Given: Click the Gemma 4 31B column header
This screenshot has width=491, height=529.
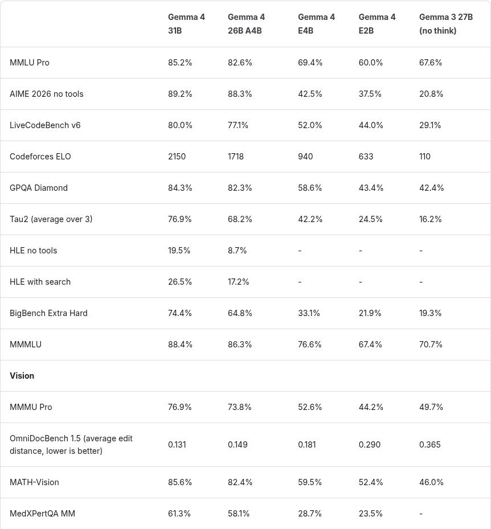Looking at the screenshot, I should pyautogui.click(x=186, y=24).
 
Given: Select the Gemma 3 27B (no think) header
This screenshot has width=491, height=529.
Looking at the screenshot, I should pyautogui.click(x=445, y=24).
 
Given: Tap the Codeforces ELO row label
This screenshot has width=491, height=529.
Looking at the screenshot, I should pyautogui.click(x=40, y=157).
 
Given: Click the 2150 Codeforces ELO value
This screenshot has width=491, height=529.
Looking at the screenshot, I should pyautogui.click(x=177, y=157).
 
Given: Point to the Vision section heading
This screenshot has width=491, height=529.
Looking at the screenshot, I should pyautogui.click(x=22, y=376).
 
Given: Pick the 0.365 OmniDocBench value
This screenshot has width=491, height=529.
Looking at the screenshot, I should pyautogui.click(x=429, y=445).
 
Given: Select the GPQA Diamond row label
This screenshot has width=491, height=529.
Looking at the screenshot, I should pyautogui.click(x=39, y=188).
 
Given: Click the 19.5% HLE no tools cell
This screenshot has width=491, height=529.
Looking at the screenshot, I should pyautogui.click(x=179, y=251).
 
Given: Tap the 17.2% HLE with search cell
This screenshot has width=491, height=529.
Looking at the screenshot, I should pyautogui.click(x=238, y=282).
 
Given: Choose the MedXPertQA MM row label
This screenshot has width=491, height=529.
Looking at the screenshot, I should pyautogui.click(x=42, y=514).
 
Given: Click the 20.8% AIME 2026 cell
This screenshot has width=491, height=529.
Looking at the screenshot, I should pyautogui.click(x=431, y=94).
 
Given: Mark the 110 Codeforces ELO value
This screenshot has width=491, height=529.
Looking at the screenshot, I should pyautogui.click(x=425, y=157).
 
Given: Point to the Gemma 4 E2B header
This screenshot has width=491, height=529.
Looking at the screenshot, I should pyautogui.click(x=377, y=24).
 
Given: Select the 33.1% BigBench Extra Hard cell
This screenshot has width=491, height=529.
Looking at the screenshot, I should pyautogui.click(x=309, y=313).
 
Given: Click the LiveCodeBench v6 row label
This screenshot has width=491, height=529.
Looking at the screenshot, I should pyautogui.click(x=45, y=125).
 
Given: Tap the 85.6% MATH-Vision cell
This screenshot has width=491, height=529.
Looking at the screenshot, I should pyautogui.click(x=180, y=482).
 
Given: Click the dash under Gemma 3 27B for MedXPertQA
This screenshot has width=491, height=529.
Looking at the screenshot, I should pyautogui.click(x=421, y=514).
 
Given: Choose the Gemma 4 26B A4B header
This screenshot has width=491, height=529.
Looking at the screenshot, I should pyautogui.click(x=246, y=24).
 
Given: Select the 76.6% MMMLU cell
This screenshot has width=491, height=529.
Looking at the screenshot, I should pyautogui.click(x=310, y=345).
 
